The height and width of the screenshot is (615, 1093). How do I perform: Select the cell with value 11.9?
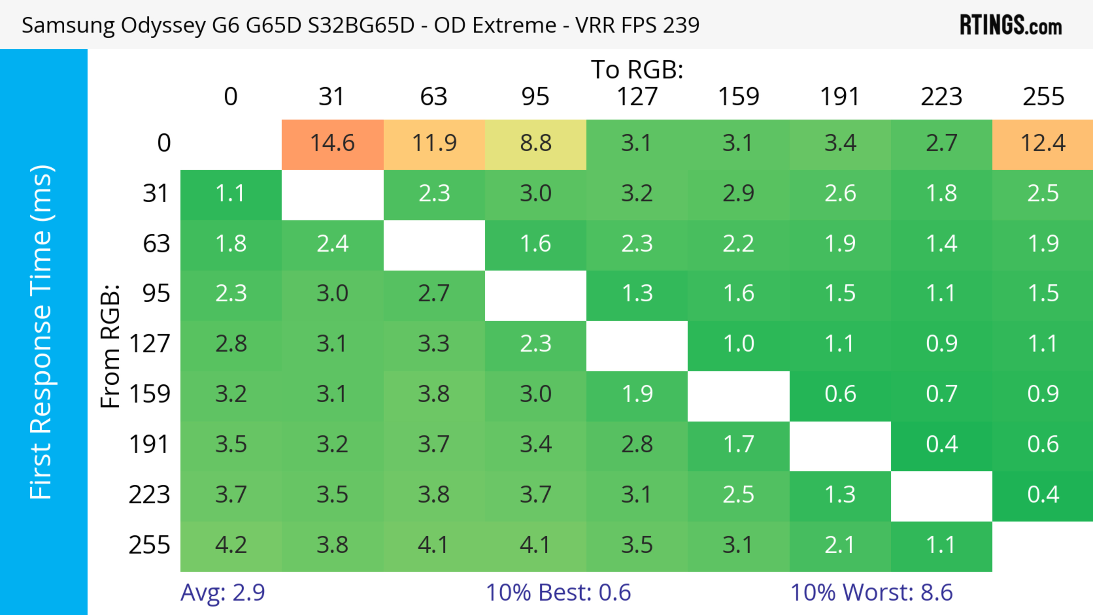point(434,143)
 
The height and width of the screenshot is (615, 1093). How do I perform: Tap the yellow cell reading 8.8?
point(535,143)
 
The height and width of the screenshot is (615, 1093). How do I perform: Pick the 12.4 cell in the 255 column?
point(1043,143)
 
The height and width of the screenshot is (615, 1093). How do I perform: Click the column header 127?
point(637,97)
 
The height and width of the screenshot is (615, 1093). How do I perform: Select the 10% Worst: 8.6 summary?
point(872,593)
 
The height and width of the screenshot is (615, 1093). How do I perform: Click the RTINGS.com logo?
point(1011,25)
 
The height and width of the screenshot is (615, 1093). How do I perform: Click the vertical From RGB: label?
point(110,346)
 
